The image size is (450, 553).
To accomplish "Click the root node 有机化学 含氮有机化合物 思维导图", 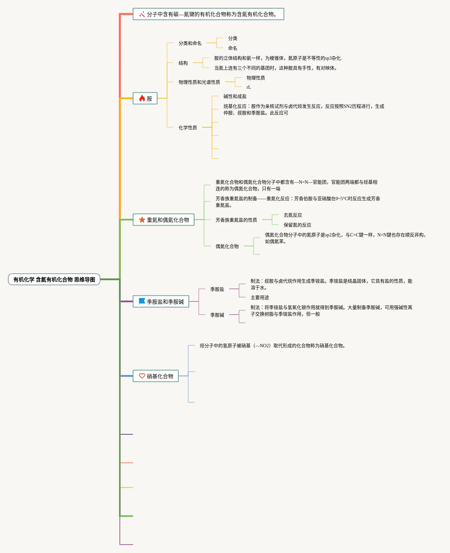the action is [54, 279].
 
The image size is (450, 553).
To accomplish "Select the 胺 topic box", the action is [145, 98].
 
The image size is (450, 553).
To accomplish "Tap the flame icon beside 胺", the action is [142, 98].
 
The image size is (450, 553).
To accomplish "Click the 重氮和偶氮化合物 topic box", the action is [163, 220].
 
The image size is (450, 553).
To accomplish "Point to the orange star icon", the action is [142, 220].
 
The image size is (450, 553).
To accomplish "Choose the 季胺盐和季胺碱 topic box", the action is [161, 301].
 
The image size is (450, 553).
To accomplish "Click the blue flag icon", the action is [142, 301].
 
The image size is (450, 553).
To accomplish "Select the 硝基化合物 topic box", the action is [156, 376].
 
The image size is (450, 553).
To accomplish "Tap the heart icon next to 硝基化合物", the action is [142, 376].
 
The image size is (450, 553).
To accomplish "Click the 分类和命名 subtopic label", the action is [190, 43].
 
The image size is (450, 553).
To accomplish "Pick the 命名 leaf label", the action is [232, 48].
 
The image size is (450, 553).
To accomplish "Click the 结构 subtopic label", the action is [183, 63].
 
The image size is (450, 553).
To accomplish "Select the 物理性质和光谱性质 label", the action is [199, 82].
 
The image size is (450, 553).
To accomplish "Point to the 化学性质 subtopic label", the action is [188, 128].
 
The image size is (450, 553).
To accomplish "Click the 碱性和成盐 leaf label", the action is [235, 96].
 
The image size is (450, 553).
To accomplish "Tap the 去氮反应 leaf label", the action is [293, 215].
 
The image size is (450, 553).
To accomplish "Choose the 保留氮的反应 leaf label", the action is [297, 225].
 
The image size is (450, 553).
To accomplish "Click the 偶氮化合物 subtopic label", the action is [227, 246].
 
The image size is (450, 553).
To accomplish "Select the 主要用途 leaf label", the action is [260, 297].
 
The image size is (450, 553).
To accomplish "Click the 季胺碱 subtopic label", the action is [217, 315].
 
